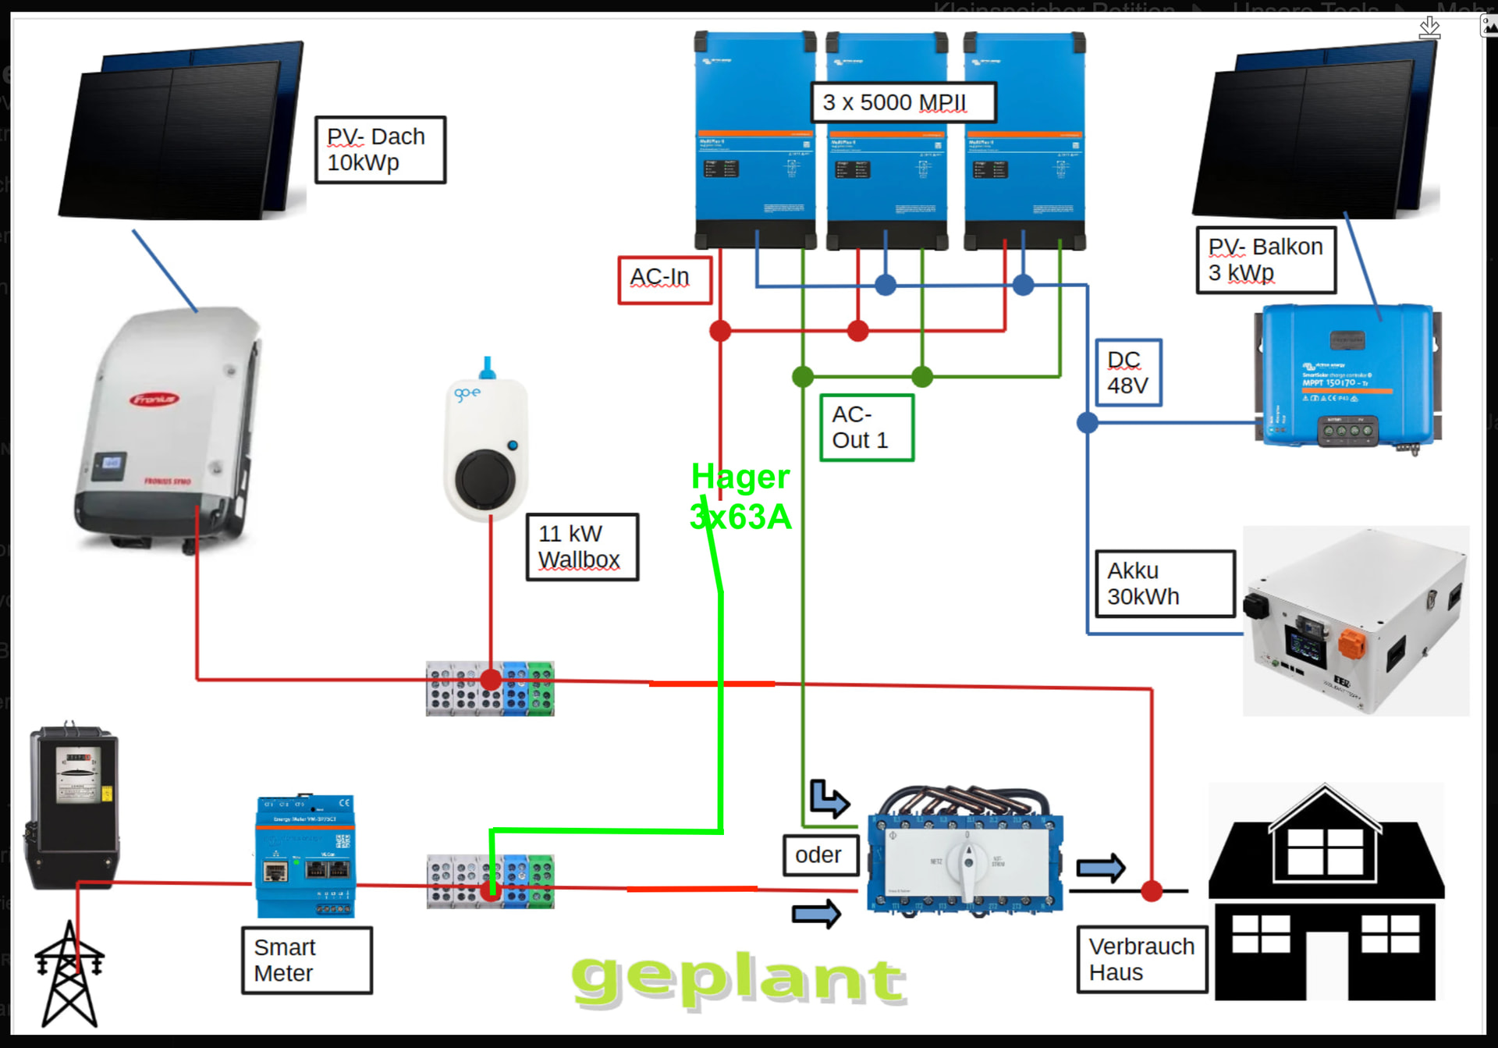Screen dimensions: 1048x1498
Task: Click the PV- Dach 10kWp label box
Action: point(380,150)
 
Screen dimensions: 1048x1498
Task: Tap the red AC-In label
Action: point(664,279)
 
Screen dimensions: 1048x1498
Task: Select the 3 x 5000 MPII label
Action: point(903,102)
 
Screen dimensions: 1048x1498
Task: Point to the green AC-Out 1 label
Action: point(866,428)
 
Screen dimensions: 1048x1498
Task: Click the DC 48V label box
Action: point(1128,372)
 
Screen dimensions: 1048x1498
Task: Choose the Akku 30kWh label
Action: point(1165,584)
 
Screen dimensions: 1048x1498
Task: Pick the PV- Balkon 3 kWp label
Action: point(1265,260)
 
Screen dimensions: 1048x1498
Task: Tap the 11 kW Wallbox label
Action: point(582,547)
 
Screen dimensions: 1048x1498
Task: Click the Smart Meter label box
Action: point(307,960)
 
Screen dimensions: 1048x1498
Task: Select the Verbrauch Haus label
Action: point(1141,959)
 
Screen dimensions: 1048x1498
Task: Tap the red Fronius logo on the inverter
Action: point(154,400)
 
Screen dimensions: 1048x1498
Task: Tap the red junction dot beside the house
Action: point(1152,890)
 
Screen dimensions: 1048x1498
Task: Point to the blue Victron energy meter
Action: point(306,857)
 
